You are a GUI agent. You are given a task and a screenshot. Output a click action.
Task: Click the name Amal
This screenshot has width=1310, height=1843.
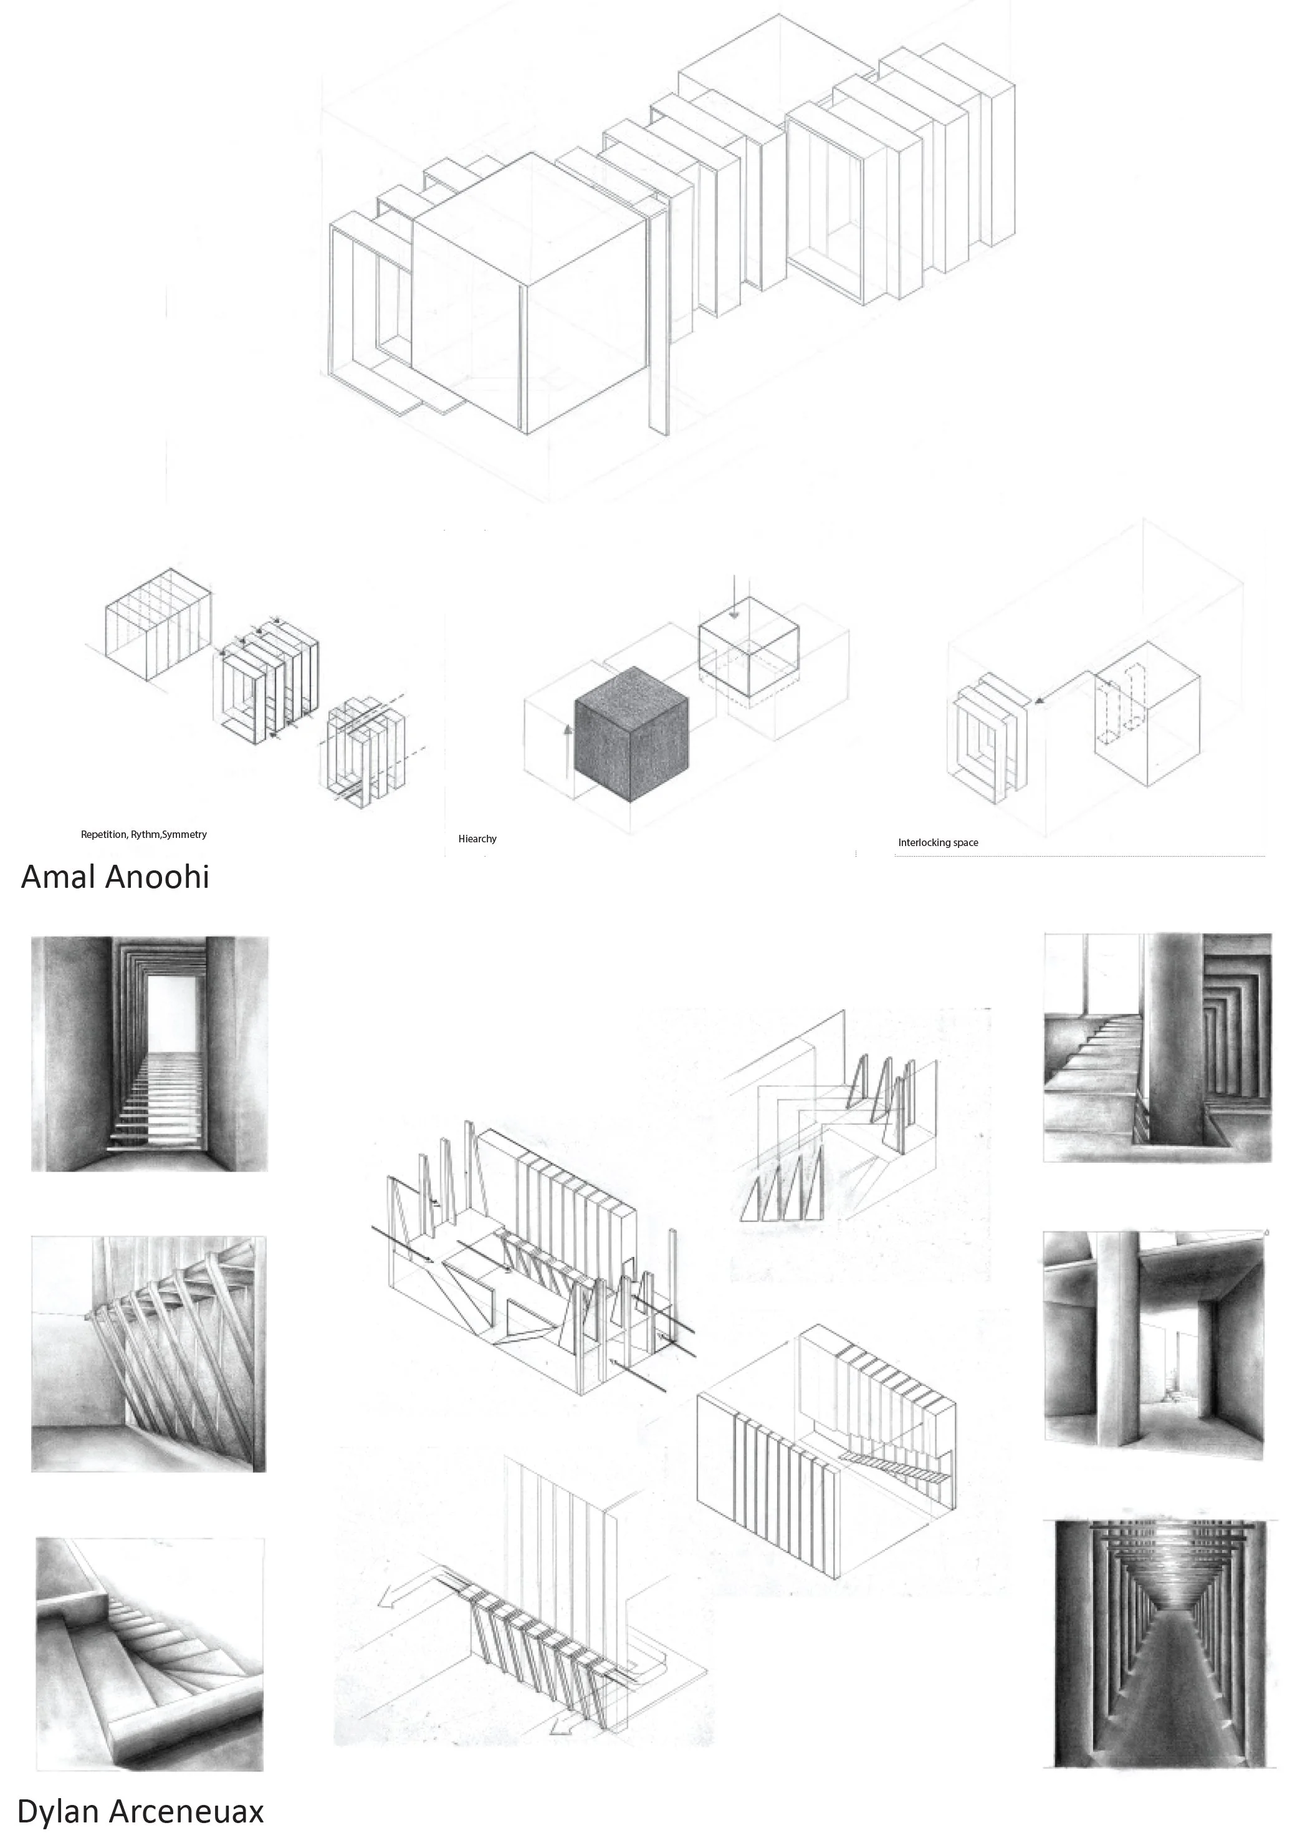[57, 877]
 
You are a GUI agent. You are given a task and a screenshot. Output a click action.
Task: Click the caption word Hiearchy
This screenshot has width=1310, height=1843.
[477, 839]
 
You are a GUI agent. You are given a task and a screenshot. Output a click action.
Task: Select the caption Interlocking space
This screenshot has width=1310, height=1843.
[937, 842]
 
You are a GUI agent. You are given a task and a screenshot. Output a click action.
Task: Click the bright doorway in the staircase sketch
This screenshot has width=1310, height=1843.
[173, 1013]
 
